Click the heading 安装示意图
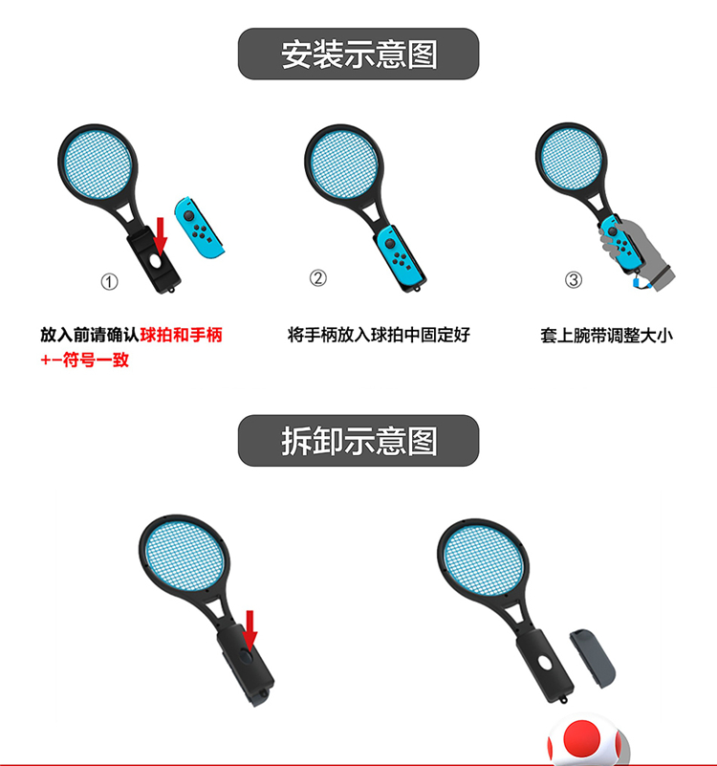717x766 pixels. pyautogui.click(x=358, y=54)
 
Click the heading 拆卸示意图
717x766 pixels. pyautogui.click(x=358, y=441)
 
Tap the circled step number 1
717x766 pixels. pyautogui.click(x=110, y=282)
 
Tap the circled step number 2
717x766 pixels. pyautogui.click(x=318, y=278)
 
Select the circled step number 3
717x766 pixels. pyautogui.click(x=574, y=280)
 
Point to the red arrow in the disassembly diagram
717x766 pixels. pyautogui.click(x=250, y=626)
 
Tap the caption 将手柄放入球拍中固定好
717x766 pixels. pyautogui.click(x=379, y=336)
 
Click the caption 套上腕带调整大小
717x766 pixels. pyautogui.click(x=606, y=336)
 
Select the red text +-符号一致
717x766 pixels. pyautogui.click(x=84, y=360)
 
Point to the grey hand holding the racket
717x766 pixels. pyautogui.click(x=631, y=251)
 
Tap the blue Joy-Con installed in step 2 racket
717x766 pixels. pyautogui.click(x=392, y=251)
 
